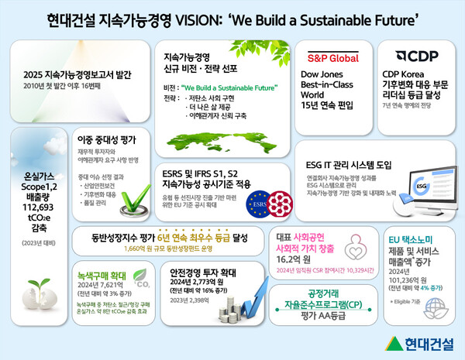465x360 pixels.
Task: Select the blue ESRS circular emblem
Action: point(255,205)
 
